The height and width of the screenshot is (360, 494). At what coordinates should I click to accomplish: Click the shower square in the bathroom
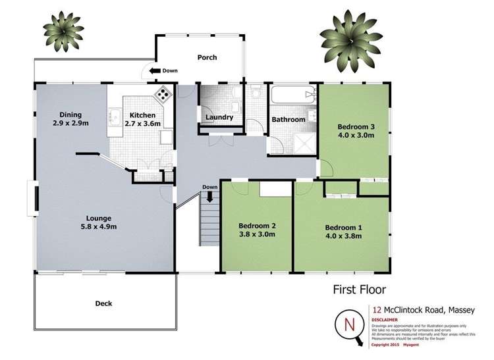pos(304,142)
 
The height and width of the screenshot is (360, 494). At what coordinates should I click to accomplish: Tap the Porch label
pos(207,57)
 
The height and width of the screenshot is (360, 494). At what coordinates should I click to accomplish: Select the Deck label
pos(103,303)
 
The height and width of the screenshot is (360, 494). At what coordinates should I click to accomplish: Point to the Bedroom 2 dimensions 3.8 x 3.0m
pos(256,234)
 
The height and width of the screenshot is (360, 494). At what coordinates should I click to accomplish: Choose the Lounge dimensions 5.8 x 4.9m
pos(97,227)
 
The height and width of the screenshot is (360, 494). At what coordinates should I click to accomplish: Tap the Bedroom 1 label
pos(343,228)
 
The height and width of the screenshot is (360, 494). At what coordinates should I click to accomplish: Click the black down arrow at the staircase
pos(210,195)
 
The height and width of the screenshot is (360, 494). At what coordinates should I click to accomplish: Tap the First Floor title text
pos(359,289)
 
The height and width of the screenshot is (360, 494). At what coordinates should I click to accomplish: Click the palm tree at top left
pos(65,31)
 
